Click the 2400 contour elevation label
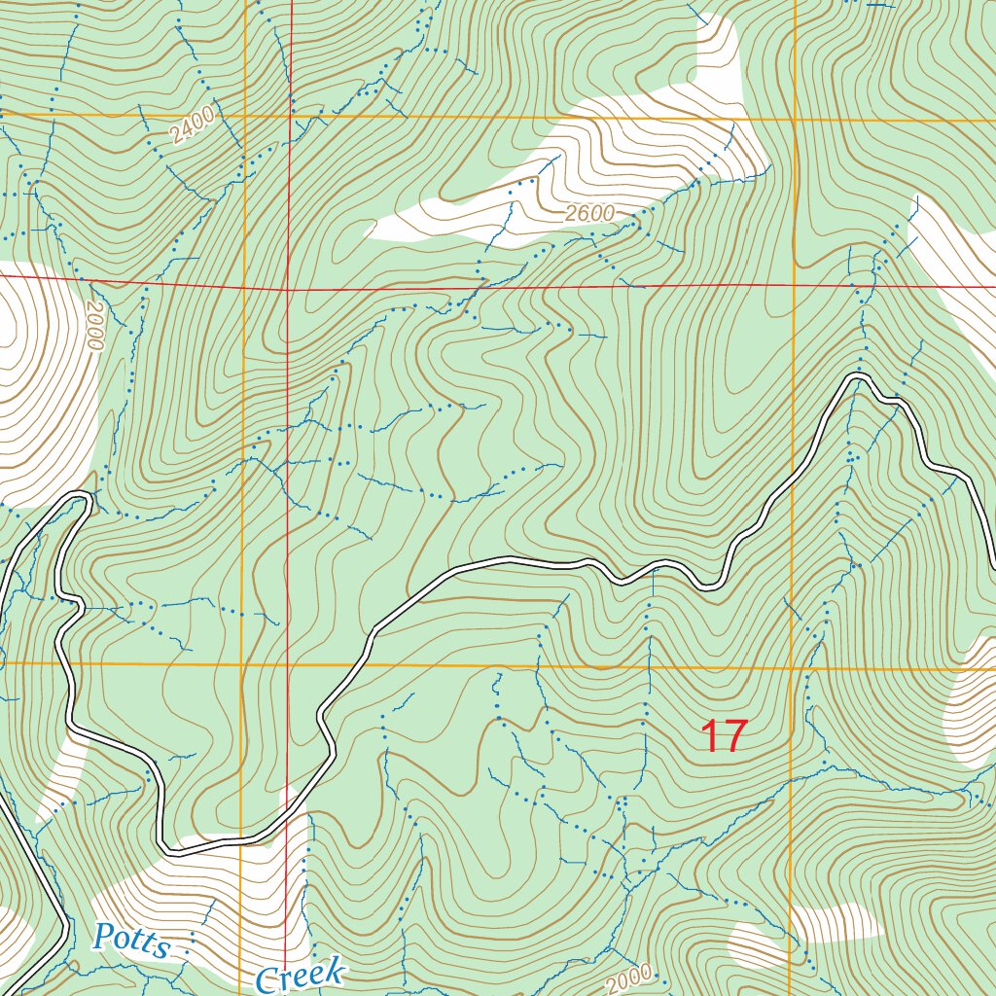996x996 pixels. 190,126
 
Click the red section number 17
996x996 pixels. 724,736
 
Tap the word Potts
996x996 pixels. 131,943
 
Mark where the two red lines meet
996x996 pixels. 288,290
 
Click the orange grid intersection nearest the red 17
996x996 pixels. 793,668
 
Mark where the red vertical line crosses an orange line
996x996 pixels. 288,665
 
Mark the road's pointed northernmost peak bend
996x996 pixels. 859,375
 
